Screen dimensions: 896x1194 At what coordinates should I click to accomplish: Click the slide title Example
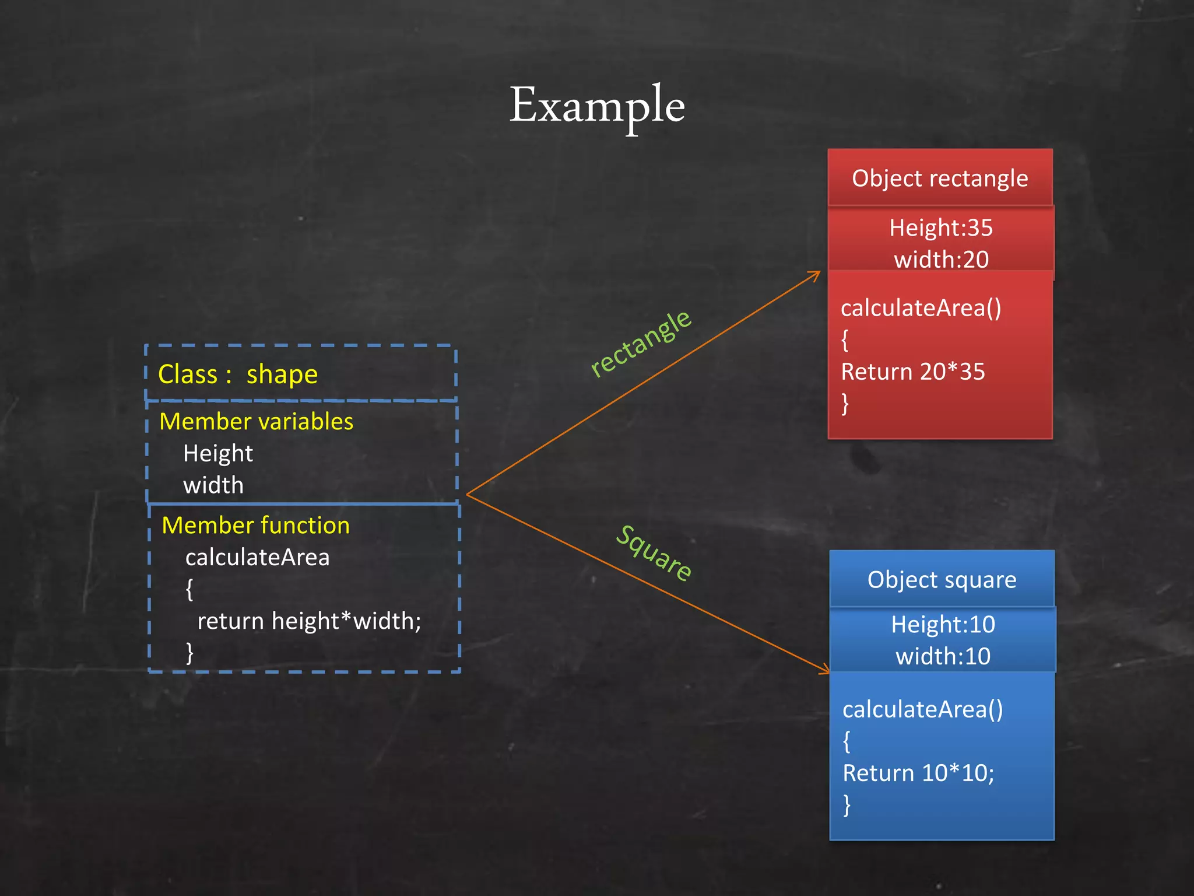[x=597, y=105]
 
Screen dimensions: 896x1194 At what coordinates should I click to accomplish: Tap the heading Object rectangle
[x=940, y=178]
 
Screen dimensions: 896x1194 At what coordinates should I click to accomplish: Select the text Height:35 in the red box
[x=940, y=228]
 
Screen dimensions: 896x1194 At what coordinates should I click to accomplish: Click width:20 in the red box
[x=941, y=260]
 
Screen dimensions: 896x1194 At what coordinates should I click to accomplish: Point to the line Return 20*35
[x=912, y=372]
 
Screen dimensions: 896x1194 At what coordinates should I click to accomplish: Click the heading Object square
[x=942, y=580]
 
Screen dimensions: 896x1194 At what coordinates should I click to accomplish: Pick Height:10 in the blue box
[x=943, y=625]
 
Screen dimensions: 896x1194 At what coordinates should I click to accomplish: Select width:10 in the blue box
[x=943, y=657]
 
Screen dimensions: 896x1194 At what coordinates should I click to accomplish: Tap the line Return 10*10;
[x=918, y=773]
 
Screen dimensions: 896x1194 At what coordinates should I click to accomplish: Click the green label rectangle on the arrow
[x=641, y=344]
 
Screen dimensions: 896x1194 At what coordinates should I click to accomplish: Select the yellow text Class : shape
[x=238, y=374]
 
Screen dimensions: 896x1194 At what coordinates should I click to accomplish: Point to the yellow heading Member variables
[x=256, y=421]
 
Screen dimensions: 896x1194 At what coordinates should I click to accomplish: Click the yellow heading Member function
[x=255, y=526]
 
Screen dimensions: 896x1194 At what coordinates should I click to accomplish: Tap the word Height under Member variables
[x=218, y=454]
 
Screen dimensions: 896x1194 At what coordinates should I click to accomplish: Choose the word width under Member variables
[x=213, y=485]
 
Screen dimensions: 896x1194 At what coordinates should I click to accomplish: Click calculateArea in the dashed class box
[x=257, y=558]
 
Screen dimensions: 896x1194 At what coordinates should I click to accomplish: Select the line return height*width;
[x=309, y=621]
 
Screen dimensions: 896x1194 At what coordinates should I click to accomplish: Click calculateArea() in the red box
[x=921, y=308]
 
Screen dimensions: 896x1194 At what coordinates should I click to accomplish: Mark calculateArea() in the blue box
[x=922, y=709]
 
